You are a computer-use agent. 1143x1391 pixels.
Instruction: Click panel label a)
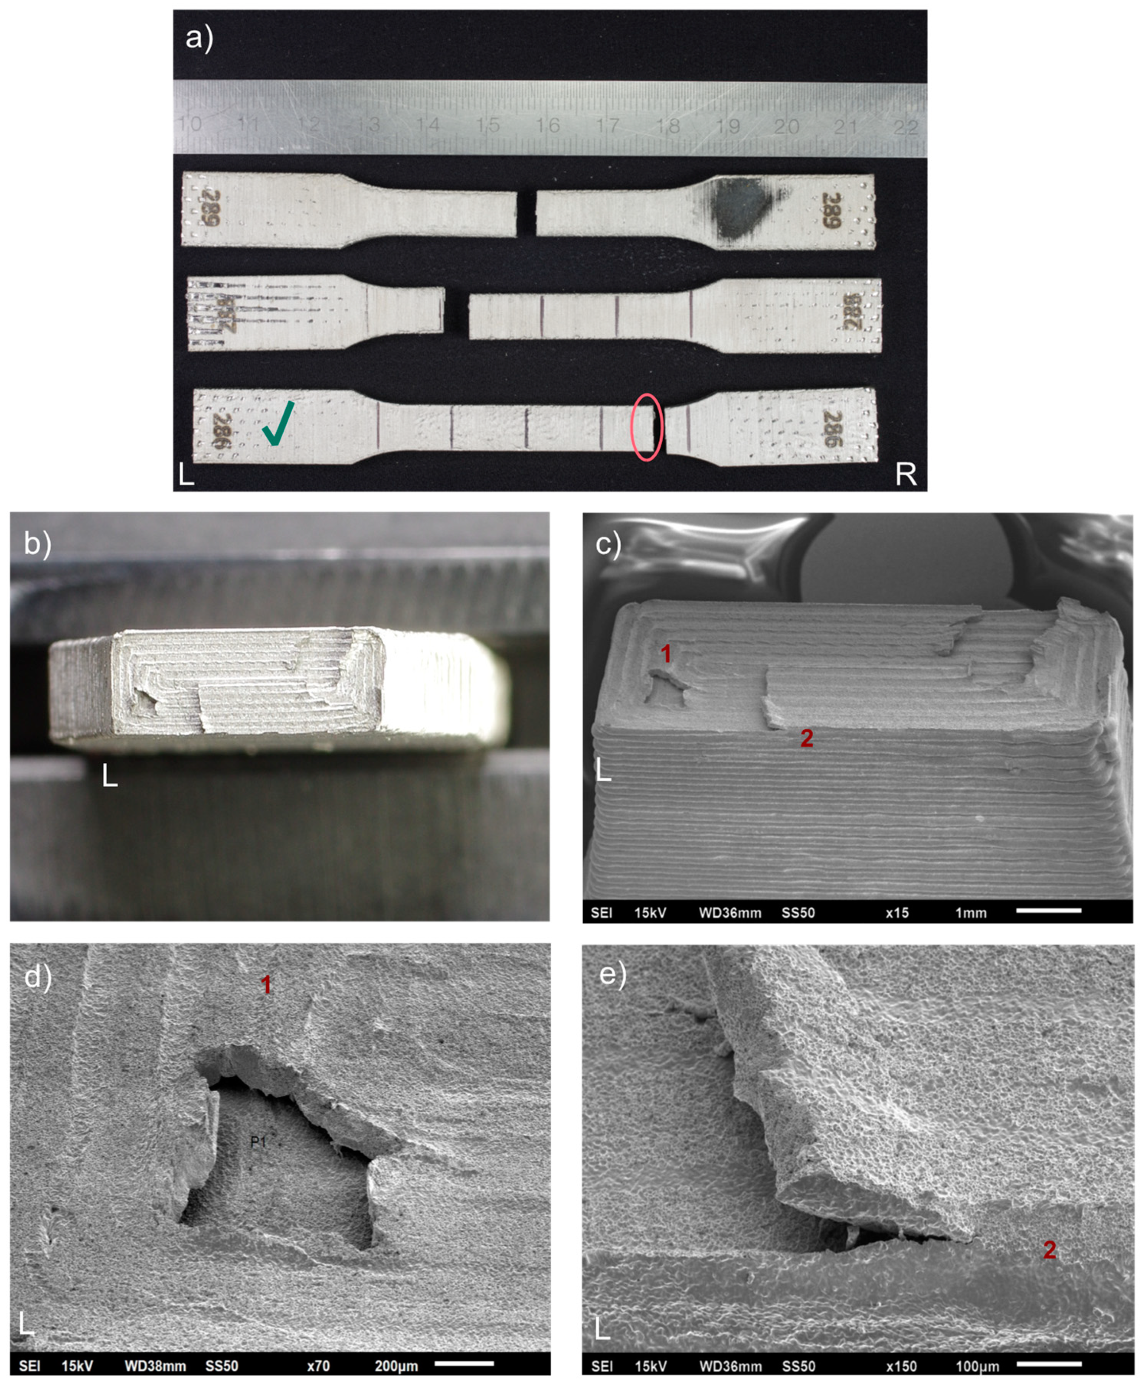point(199,38)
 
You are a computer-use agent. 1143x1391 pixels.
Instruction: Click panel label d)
point(37,977)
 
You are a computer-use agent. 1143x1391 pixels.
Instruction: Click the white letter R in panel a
point(906,474)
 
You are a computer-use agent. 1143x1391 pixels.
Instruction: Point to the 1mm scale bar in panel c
point(1049,911)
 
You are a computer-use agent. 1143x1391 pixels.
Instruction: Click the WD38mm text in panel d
point(155,1366)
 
